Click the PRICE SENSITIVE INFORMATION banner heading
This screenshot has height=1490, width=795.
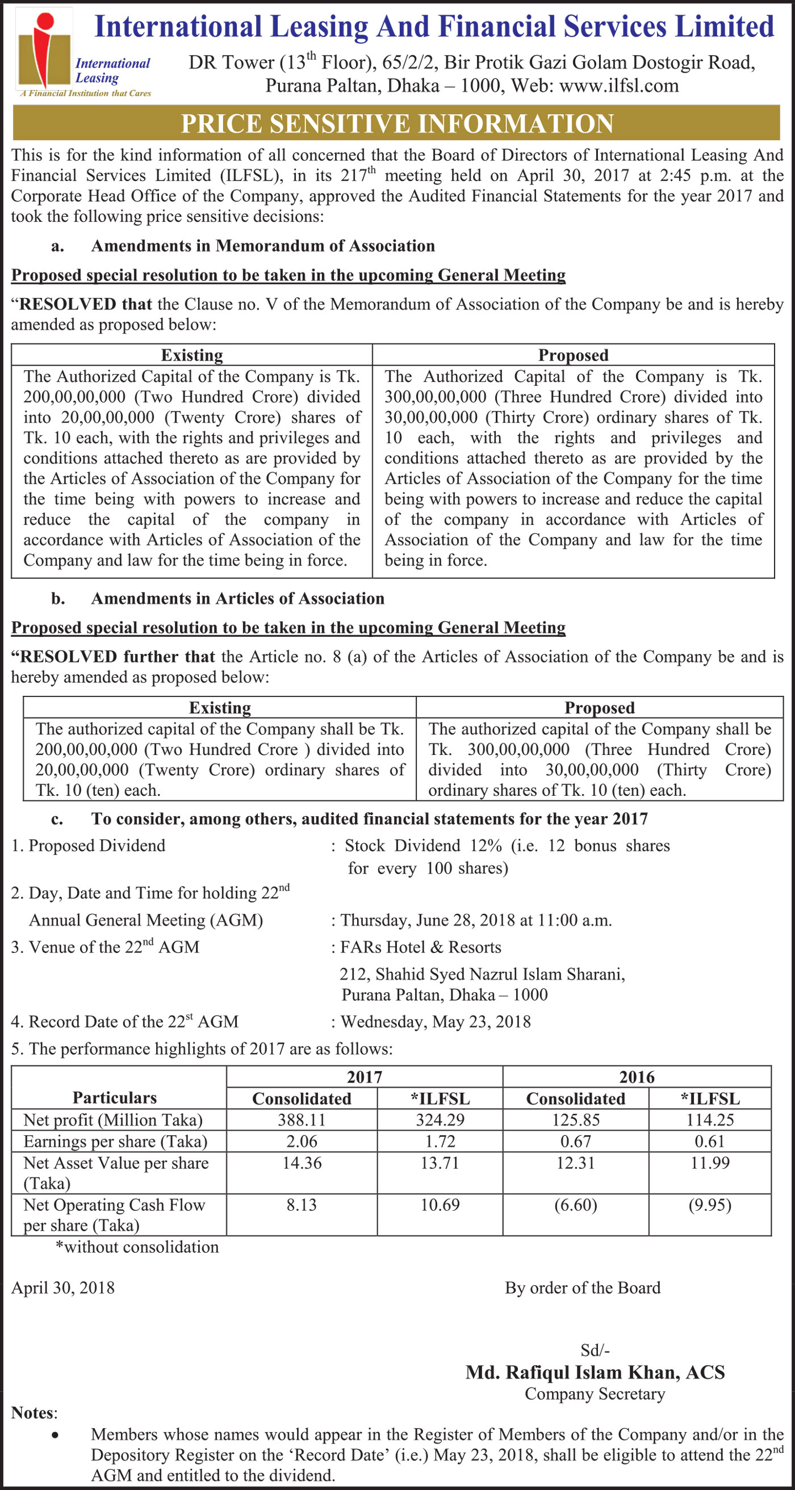(x=397, y=124)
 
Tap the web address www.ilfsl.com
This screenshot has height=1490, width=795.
(x=619, y=86)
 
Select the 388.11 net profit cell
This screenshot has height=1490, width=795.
(x=302, y=1120)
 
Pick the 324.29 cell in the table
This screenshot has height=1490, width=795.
(x=440, y=1120)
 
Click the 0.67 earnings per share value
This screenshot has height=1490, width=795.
(x=575, y=1141)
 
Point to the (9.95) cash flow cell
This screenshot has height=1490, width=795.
(x=709, y=1205)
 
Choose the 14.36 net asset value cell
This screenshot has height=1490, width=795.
(x=302, y=1162)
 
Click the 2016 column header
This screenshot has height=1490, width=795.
(x=637, y=1077)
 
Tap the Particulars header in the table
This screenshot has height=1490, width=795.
(x=115, y=1097)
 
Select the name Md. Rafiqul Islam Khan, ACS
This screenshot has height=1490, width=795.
(x=595, y=1372)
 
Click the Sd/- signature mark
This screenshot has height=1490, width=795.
(x=595, y=1350)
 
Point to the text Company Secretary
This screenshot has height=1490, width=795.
(x=595, y=1394)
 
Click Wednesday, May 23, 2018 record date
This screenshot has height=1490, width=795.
(x=435, y=1022)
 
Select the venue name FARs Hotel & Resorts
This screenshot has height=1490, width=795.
(x=421, y=947)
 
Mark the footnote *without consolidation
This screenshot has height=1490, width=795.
(x=136, y=1246)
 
